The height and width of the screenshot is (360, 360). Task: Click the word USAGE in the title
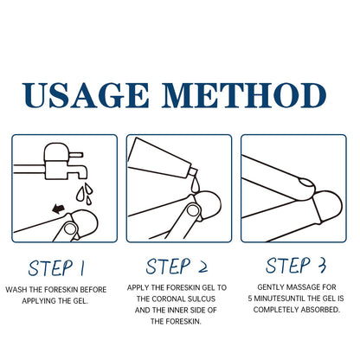[x=86, y=95]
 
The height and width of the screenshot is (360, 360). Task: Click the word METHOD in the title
[x=244, y=95]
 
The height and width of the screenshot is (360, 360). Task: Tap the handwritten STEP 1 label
[x=56, y=268]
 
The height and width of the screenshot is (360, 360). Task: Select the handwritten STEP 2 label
[x=177, y=266]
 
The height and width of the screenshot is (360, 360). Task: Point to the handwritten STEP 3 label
[x=296, y=265]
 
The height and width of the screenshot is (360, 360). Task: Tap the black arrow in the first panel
[x=59, y=208]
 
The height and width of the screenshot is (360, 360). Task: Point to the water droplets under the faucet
[x=84, y=193]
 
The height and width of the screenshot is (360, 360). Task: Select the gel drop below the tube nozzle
[x=196, y=186]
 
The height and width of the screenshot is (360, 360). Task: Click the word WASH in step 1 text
[x=15, y=290]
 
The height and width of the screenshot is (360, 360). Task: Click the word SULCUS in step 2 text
[x=202, y=299]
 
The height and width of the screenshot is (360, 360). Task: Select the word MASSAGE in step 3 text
[x=303, y=287]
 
